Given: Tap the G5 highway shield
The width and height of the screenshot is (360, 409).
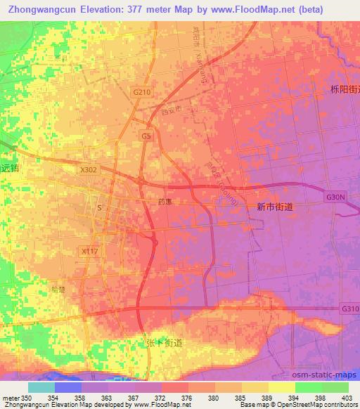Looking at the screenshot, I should [146, 136].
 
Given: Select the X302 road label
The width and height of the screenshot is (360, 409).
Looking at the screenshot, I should [89, 169].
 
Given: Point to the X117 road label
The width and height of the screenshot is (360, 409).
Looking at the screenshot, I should [89, 250].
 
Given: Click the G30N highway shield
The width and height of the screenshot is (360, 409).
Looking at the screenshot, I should [336, 198].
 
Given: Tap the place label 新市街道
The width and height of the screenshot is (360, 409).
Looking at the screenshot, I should [275, 207].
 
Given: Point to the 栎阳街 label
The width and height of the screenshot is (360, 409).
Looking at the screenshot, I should [345, 89].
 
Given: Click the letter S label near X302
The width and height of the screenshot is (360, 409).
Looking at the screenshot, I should [99, 207].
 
